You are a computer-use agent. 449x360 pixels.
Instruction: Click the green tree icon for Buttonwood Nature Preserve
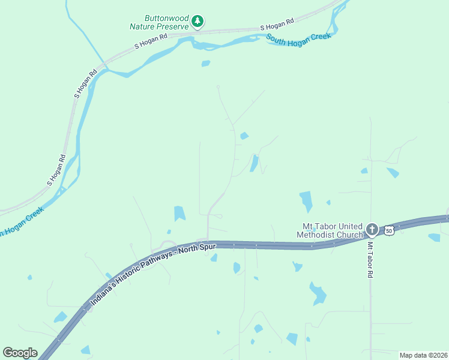(x=197, y=22)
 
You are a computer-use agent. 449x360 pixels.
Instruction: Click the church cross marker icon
(x=372, y=229)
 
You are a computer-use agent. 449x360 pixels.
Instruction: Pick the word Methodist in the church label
(x=325, y=235)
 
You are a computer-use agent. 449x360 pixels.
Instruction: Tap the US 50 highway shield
(x=390, y=230)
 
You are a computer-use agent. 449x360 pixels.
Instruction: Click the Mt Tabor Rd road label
(x=370, y=259)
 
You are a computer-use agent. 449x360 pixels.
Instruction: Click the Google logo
(x=20, y=353)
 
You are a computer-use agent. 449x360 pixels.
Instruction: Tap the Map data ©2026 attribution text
(x=424, y=355)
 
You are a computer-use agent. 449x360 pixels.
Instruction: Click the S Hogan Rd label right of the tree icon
(x=277, y=25)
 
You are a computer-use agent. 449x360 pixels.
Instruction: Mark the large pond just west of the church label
(x=306, y=200)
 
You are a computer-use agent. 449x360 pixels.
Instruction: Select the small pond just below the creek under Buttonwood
(x=206, y=63)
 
